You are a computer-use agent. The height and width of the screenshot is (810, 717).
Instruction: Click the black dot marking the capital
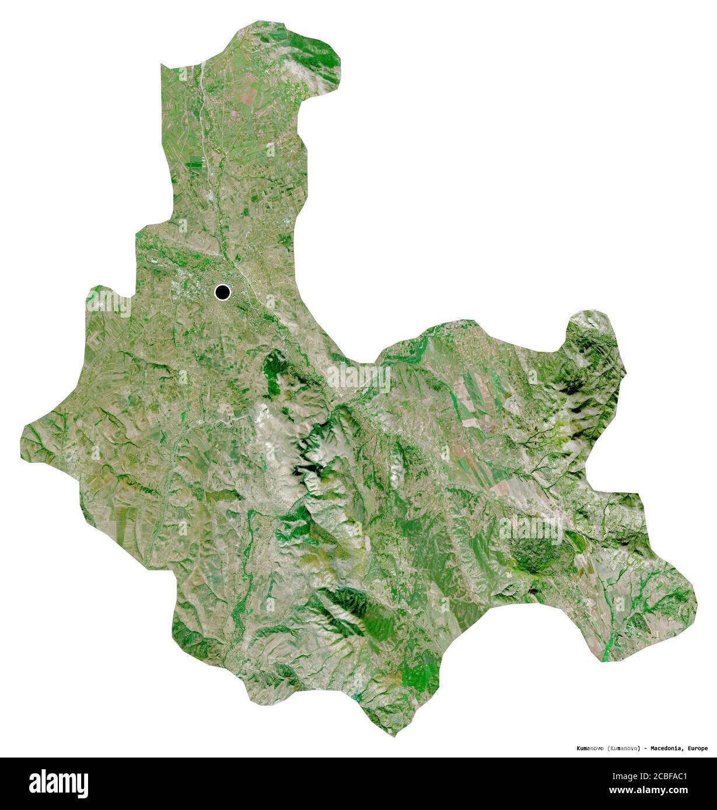222,292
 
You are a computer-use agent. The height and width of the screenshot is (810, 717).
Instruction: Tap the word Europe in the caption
697,748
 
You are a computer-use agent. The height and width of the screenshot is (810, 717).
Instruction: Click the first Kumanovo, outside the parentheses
590,748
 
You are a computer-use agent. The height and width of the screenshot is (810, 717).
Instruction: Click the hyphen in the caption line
645,748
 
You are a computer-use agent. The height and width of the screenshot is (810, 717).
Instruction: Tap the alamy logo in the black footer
58,783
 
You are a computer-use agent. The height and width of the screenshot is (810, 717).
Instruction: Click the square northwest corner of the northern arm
162,65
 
